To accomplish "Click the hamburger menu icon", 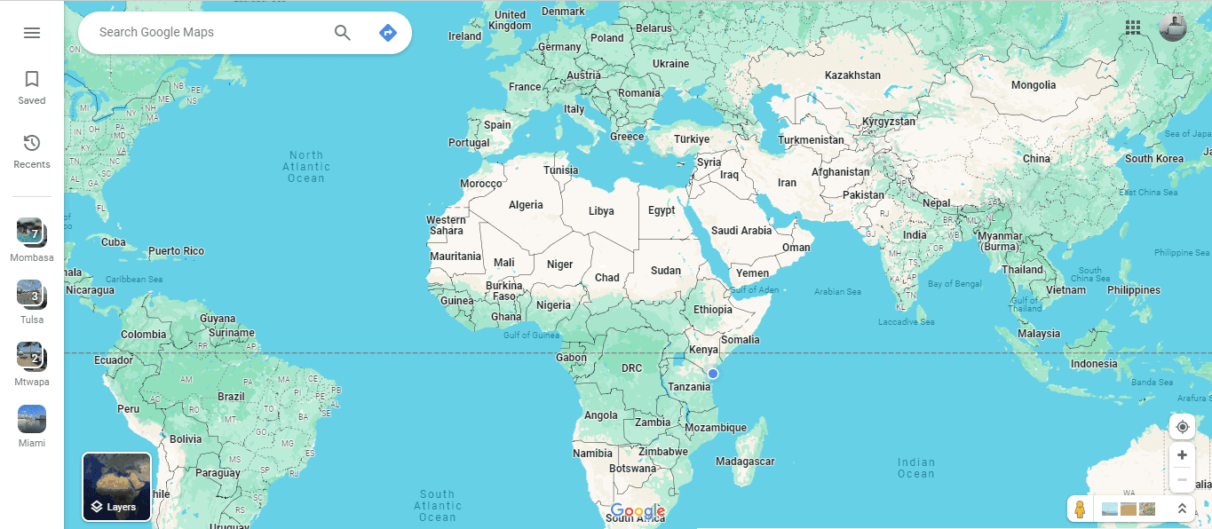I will coord(32,33).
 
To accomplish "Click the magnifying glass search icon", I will coord(343,33).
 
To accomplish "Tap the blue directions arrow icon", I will coord(387,33).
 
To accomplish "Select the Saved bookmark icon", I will coord(32,80).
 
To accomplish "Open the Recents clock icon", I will coord(32,144).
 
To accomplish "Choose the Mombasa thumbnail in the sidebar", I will coord(31,232).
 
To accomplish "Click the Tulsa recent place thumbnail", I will coord(31,294).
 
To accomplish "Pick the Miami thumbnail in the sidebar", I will coord(31,419).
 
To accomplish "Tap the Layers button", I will coord(117,486).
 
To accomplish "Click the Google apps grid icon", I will coord(1133,28).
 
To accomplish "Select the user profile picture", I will coord(1172,28).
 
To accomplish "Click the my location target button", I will coord(1182,427).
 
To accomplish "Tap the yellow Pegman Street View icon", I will coord(1080,509).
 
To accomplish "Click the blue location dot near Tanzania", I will coord(712,374).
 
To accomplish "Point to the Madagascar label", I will coord(745,462).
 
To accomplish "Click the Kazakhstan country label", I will coord(852,75).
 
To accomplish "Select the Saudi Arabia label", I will coord(741,231).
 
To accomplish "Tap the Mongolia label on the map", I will coord(1034,85).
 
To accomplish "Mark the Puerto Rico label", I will coord(176,251).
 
